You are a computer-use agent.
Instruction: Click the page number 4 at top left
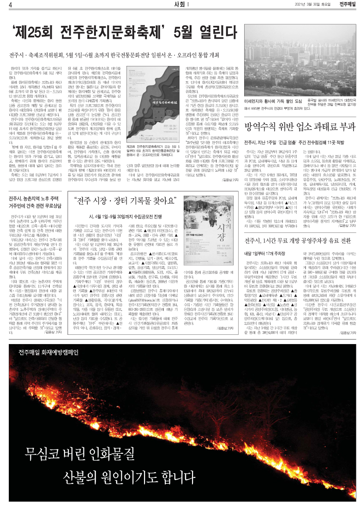[x=10, y=5]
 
